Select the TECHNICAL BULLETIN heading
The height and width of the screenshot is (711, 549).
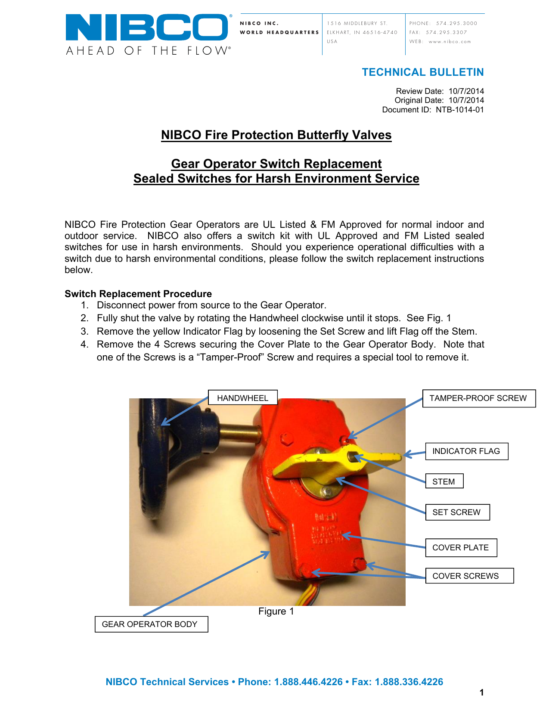point(422,72)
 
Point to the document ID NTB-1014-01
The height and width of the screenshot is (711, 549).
point(459,110)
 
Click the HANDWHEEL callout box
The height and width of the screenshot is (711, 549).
point(242,398)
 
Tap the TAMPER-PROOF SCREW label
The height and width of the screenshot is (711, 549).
point(478,398)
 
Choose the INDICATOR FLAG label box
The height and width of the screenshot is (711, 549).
point(466,451)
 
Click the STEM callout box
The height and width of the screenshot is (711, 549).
point(444,481)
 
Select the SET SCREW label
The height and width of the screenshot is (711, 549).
point(457,512)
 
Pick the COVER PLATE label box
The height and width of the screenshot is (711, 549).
point(461,548)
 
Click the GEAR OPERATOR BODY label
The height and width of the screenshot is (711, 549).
point(150,624)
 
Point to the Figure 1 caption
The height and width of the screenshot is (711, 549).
point(276,612)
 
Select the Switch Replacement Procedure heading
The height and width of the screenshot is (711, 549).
point(138,294)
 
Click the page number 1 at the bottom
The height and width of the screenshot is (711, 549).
point(481,692)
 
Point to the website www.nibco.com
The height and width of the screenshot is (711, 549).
point(450,42)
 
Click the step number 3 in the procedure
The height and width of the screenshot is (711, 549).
point(84,332)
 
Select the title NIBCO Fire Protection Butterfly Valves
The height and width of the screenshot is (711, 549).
point(276,135)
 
